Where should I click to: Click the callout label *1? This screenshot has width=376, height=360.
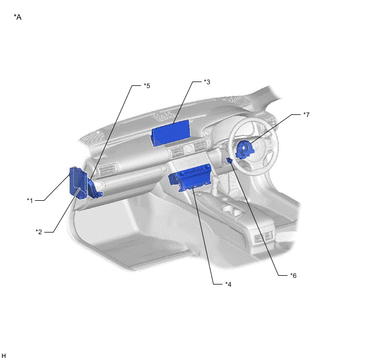tap(30, 200)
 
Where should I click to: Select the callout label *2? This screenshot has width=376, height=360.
tap(39, 231)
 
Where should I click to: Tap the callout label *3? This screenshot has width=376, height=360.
tap(207, 82)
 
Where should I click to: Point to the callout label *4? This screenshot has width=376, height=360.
tap(228, 284)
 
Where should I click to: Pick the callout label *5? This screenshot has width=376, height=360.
tap(146, 86)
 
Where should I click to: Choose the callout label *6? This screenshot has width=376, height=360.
tap(293, 275)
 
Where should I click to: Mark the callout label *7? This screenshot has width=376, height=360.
tap(307, 115)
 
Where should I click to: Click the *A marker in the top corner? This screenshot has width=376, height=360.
tap(17, 18)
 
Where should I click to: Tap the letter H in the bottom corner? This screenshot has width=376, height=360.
tap(4, 356)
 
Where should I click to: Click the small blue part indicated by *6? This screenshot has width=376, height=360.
tap(229, 160)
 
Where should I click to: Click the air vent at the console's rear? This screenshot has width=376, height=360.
tap(263, 236)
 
